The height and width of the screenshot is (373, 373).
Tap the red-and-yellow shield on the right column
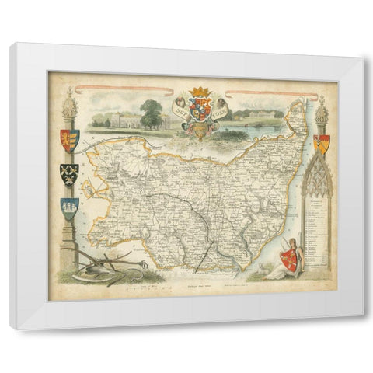pyautogui.click(x=320, y=142)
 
